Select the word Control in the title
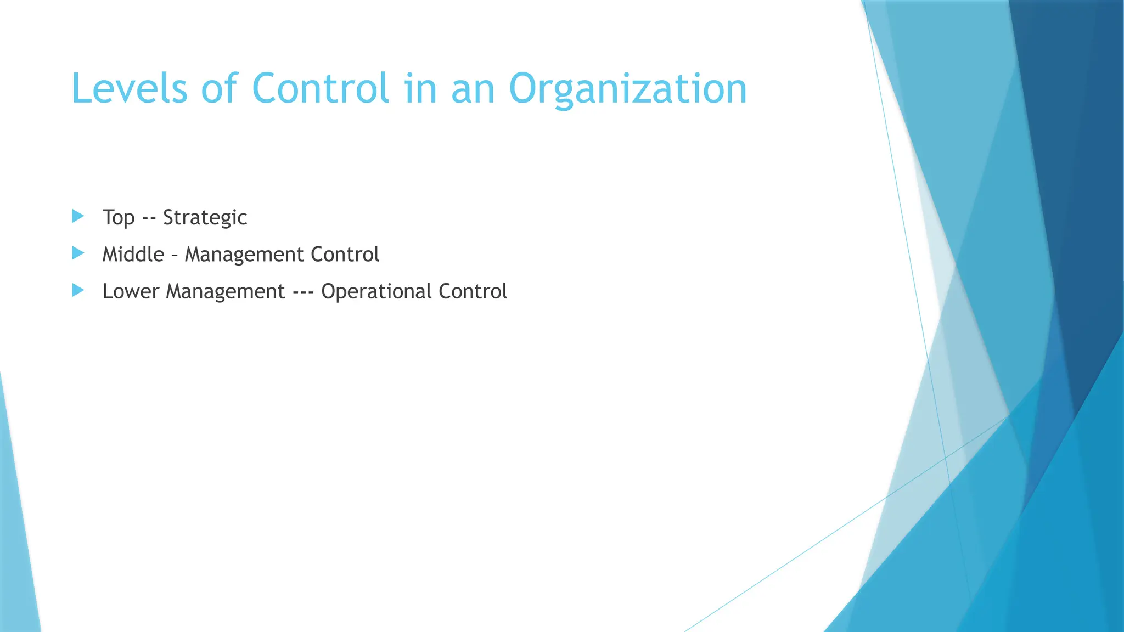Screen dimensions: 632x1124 (x=321, y=88)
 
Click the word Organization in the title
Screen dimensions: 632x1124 (x=628, y=89)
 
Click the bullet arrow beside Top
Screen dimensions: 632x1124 (x=78, y=216)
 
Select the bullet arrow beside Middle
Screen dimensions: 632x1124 (x=78, y=253)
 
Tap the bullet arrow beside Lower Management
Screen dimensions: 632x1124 (x=78, y=290)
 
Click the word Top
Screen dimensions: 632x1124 (x=119, y=218)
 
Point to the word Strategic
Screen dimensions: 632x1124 (x=205, y=218)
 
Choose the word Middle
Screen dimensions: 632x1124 (x=133, y=255)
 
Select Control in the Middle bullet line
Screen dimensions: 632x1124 (x=345, y=255)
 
